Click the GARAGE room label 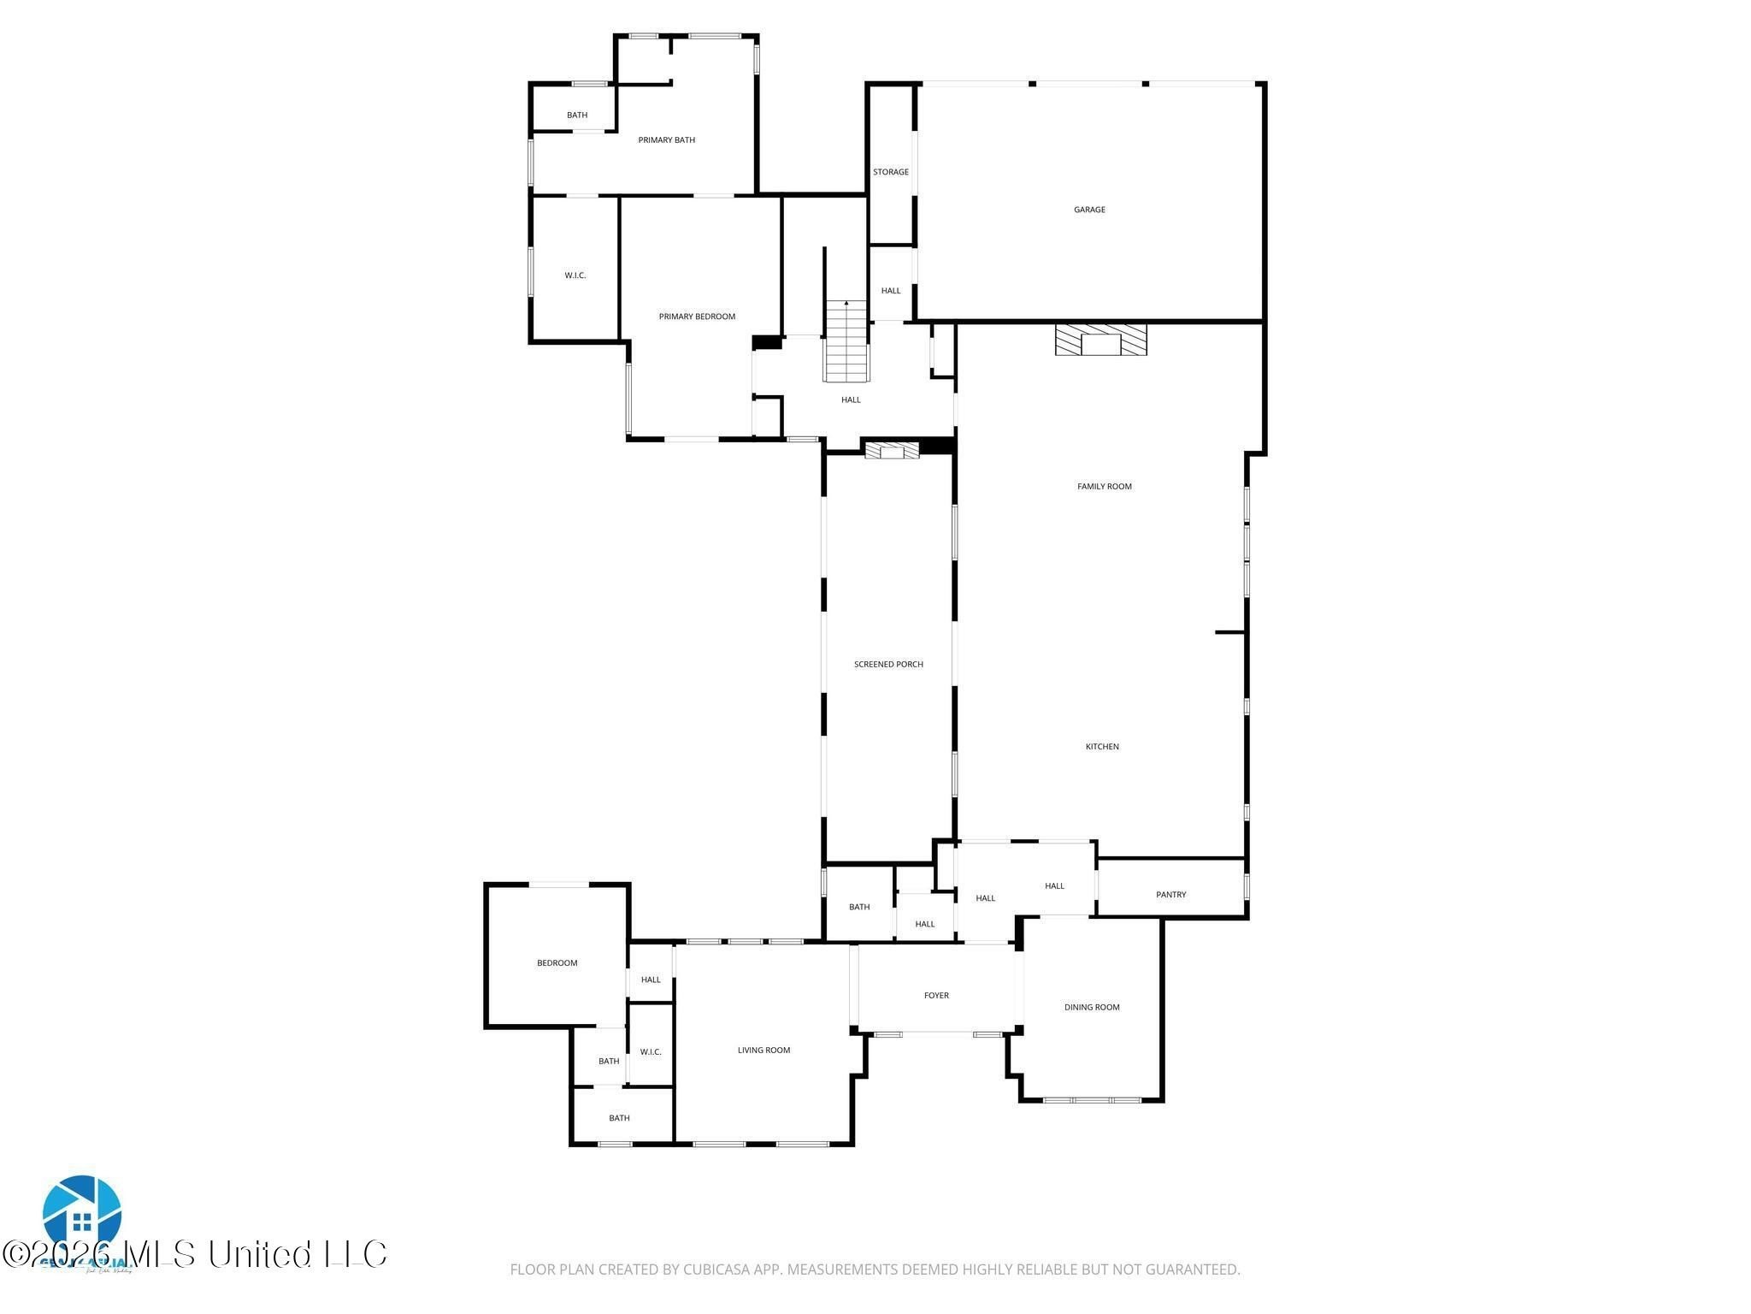click(x=1089, y=210)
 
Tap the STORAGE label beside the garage click(x=890, y=172)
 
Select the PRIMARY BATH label click(x=666, y=140)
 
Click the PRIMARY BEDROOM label click(x=697, y=317)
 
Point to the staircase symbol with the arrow click(x=846, y=341)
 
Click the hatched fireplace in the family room click(x=1100, y=340)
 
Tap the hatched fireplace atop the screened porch click(x=892, y=449)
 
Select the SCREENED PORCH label click(x=888, y=665)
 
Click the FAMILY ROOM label click(x=1104, y=487)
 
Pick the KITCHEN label click(x=1102, y=747)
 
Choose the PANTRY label click(x=1170, y=895)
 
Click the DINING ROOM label click(x=1092, y=1008)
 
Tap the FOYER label click(x=936, y=996)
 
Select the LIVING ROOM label click(x=763, y=1051)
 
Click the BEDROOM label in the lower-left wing click(x=557, y=963)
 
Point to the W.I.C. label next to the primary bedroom click(x=575, y=275)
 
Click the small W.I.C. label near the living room click(x=651, y=1052)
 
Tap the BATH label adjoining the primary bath click(x=577, y=115)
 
